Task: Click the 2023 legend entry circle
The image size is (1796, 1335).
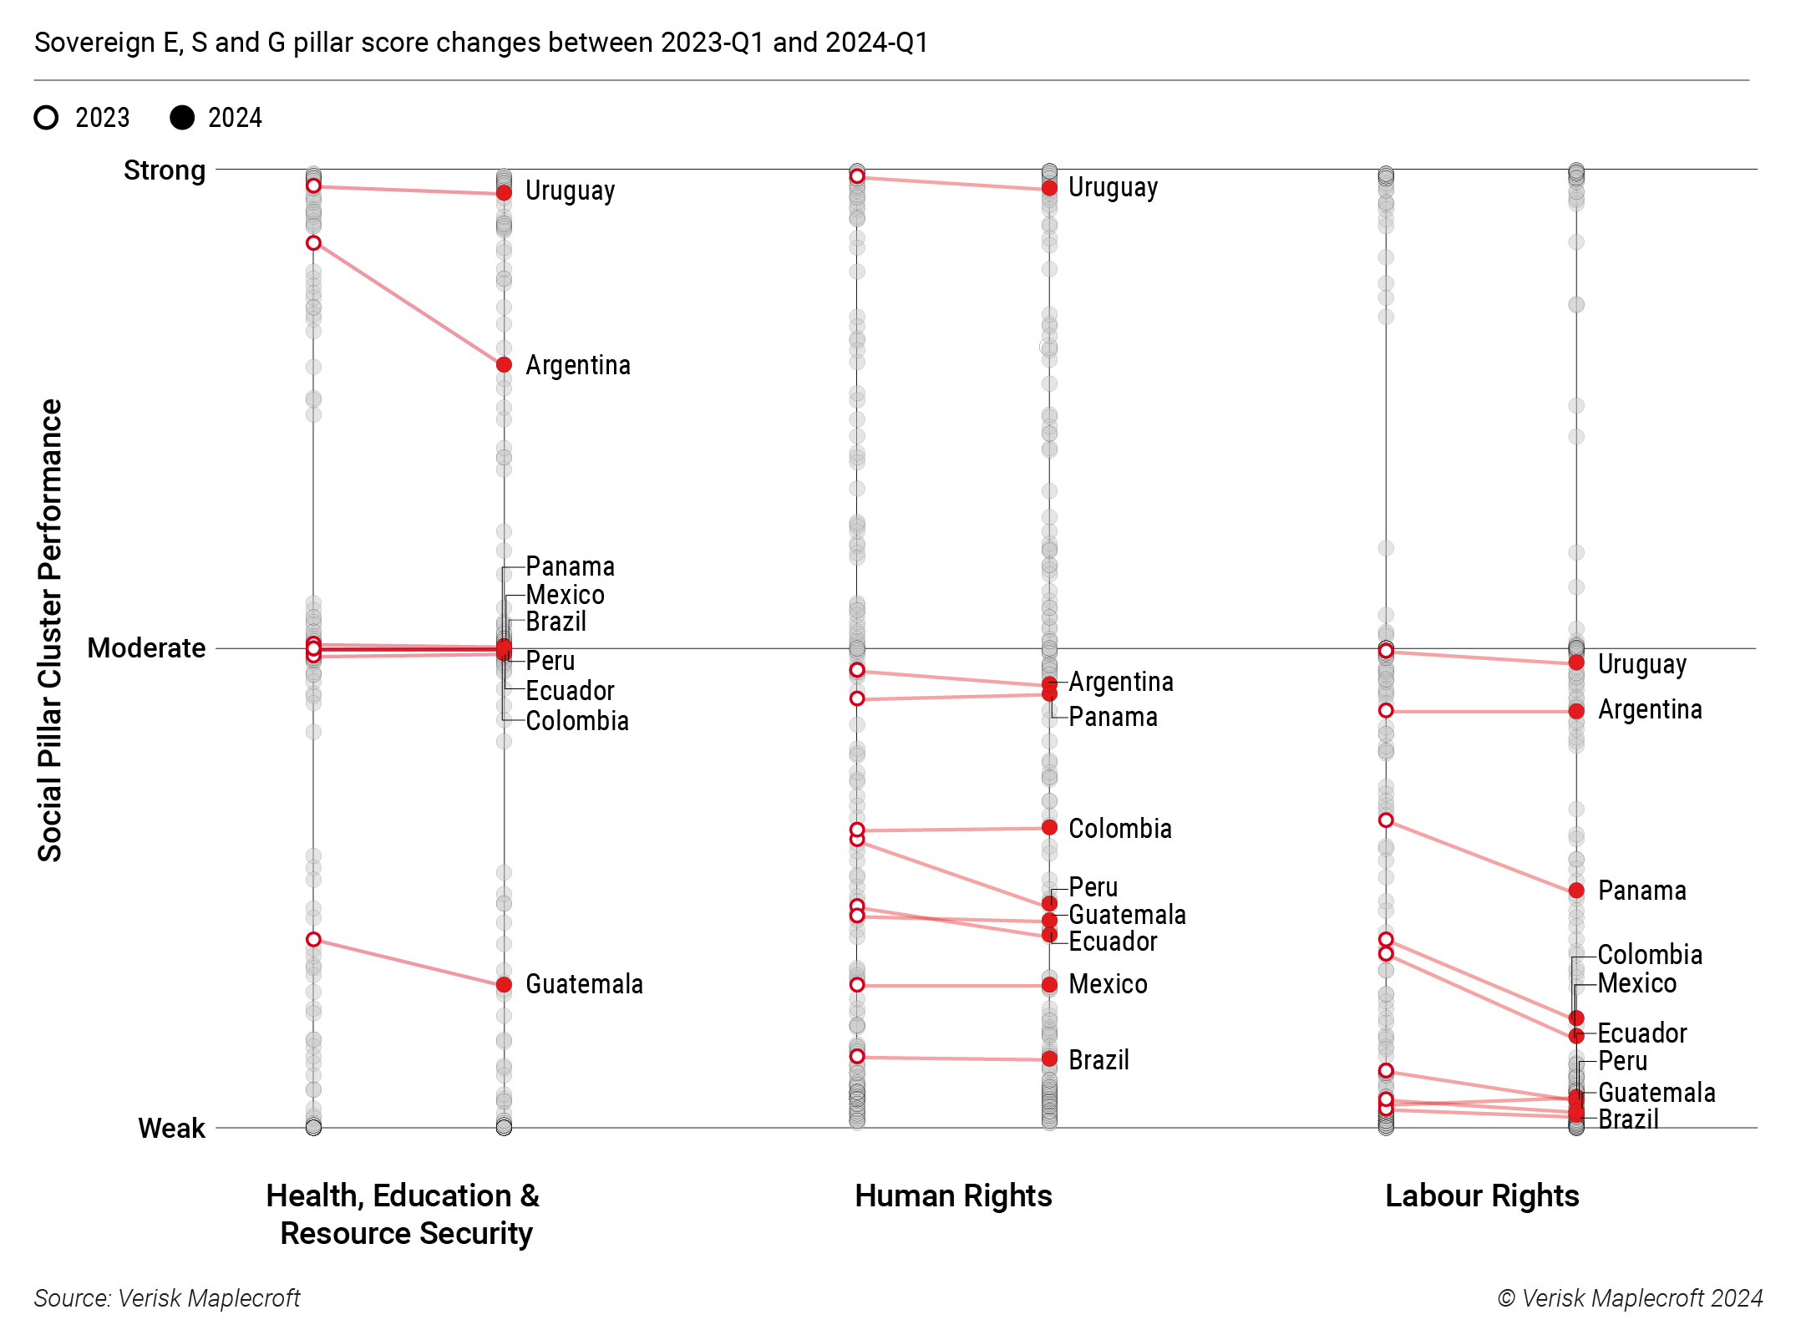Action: click(47, 118)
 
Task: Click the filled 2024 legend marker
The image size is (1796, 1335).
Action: click(182, 118)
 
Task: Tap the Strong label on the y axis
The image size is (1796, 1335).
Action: click(164, 170)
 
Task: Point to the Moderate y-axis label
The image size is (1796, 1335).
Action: click(146, 648)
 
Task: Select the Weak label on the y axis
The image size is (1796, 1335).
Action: click(171, 1129)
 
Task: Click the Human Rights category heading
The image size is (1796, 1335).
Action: click(953, 1196)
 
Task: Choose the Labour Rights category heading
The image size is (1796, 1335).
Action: click(1482, 1196)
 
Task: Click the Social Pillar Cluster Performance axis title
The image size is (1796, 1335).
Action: click(50, 631)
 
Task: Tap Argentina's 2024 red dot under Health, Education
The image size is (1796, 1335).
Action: click(504, 365)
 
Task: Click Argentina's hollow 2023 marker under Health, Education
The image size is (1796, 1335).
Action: click(313, 243)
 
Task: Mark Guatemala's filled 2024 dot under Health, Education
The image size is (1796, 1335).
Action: click(504, 985)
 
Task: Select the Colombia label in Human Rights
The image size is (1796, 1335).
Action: click(1119, 829)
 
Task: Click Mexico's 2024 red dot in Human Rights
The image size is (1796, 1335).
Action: click(1049, 986)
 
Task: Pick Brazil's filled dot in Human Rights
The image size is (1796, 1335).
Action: click(1049, 1059)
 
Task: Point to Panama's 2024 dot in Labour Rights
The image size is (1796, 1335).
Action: click(1576, 891)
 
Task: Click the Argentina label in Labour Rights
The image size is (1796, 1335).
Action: click(1649, 710)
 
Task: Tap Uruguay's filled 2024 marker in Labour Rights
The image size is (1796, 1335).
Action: click(1576, 662)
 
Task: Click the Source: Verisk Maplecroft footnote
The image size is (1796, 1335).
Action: click(167, 1298)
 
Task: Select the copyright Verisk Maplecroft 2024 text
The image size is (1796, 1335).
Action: click(1630, 1298)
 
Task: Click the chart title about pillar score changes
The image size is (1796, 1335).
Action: click(481, 43)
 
